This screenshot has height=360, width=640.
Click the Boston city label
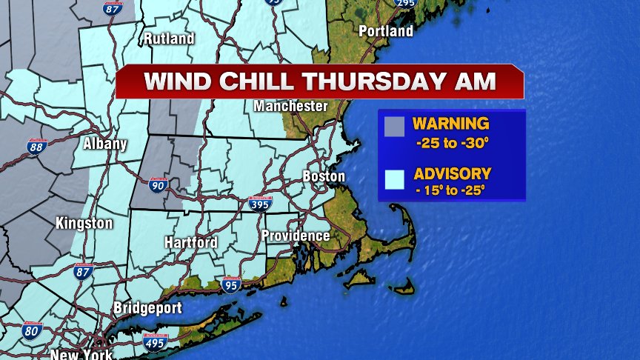coord(324,176)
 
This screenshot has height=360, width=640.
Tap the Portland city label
coord(385,31)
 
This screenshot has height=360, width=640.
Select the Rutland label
coord(169,39)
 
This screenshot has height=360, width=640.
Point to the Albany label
coord(104,144)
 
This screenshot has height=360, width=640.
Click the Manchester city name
coord(290,107)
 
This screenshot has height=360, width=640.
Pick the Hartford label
coord(190,242)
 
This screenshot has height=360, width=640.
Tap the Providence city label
coord(295,236)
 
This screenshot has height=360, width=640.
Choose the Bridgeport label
coord(148,308)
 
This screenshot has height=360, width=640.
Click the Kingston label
coord(84,223)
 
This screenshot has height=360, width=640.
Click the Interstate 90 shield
coord(157,186)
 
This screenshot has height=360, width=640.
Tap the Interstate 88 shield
coord(36,147)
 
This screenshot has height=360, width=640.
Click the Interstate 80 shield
coord(32,330)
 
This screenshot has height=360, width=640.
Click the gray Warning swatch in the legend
coord(395,127)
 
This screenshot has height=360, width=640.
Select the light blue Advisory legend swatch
coord(395,179)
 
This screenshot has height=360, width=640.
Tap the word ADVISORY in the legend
coord(452,174)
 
